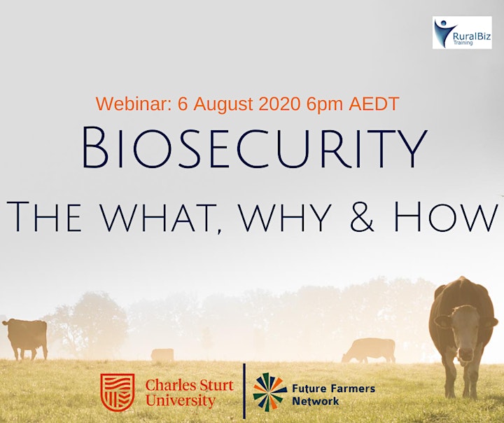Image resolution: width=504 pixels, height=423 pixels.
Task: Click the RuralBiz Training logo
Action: (462, 32)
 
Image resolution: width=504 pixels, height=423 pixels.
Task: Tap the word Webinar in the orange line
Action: (134, 104)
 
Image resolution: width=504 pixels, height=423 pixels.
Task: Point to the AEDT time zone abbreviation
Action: (374, 104)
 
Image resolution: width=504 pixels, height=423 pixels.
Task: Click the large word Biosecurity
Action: (255, 147)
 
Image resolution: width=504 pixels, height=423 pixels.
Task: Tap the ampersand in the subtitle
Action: (362, 216)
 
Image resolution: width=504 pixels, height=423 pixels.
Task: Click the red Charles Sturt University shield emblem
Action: (118, 392)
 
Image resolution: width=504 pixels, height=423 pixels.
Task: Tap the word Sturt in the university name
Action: (213, 385)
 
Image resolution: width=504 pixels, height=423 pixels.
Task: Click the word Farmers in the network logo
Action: (352, 389)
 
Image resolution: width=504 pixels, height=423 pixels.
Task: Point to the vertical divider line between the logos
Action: (244, 391)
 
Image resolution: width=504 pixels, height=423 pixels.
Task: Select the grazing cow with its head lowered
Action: (369, 351)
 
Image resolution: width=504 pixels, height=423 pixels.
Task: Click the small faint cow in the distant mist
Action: (162, 355)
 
